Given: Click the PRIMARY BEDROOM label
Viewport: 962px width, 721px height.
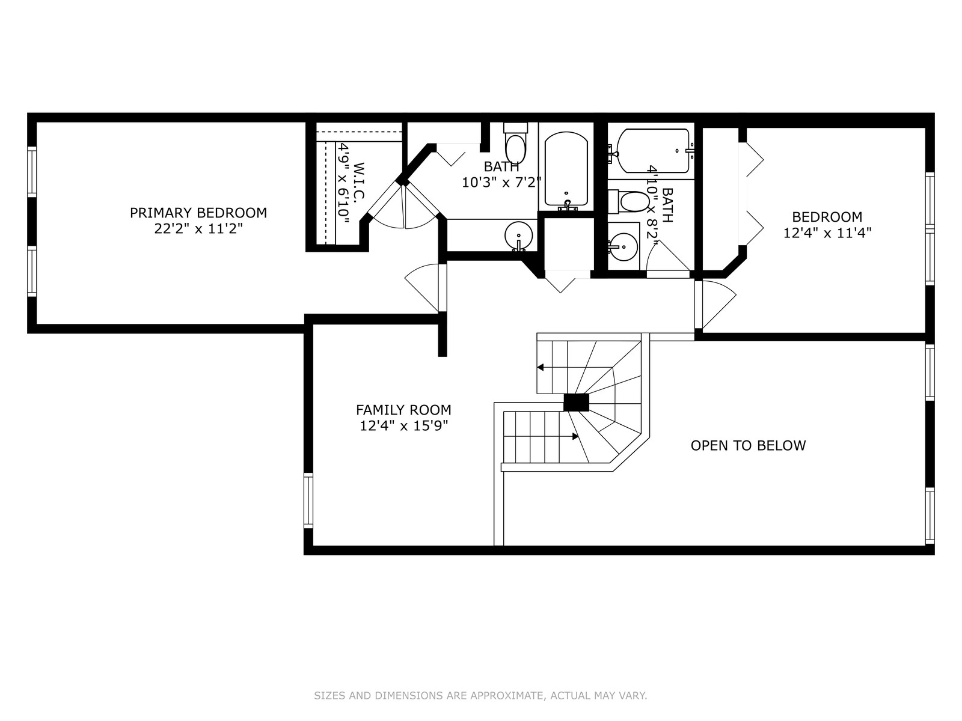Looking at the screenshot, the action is click(198, 213).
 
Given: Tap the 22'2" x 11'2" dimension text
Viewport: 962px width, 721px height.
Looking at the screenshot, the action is click(198, 228).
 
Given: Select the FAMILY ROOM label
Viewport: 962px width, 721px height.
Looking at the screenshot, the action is click(403, 410).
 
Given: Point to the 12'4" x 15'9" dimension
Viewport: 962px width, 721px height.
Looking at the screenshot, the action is click(403, 425).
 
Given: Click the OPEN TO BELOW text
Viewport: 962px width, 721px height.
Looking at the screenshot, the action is click(748, 445).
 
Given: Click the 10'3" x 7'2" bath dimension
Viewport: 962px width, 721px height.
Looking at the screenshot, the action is click(501, 182).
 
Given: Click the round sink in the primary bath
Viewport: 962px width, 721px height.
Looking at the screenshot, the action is click(518, 236).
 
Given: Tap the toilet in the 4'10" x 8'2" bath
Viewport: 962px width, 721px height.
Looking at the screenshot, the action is click(629, 202).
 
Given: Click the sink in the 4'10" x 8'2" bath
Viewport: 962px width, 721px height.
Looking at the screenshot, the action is click(623, 246).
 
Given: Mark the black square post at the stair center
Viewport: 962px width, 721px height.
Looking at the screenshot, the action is click(576, 403).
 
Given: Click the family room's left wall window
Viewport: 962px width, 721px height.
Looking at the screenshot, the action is click(308, 500).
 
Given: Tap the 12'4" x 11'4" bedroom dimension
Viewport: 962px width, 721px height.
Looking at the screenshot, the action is click(827, 233).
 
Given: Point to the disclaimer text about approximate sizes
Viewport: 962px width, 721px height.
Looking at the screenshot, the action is click(480, 695).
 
